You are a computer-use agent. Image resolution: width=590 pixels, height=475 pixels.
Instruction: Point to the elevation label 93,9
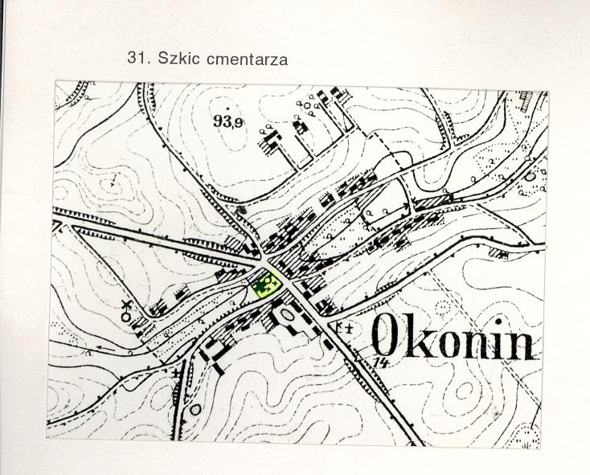coord(229,121)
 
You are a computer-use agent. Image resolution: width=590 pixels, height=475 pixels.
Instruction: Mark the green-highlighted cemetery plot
coord(264,285)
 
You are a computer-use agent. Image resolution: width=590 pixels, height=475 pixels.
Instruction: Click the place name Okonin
coord(453,338)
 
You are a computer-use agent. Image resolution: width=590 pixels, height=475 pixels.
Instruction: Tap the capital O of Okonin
coord(387,337)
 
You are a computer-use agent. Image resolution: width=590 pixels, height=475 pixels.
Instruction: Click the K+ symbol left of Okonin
coord(346,327)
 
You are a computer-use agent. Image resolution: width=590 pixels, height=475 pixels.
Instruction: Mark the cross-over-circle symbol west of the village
coord(126,310)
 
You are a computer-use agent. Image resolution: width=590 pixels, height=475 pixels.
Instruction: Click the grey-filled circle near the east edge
coord(530,176)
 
